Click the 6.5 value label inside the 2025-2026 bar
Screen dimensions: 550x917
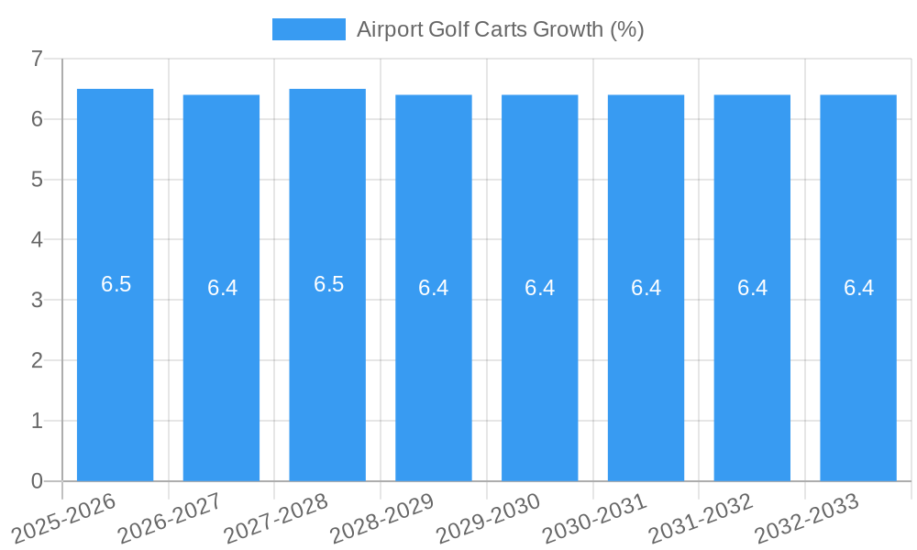[116, 284]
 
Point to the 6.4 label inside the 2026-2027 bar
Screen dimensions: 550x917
[222, 288]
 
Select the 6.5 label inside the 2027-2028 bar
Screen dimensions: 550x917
[328, 284]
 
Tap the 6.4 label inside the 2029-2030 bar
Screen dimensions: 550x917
[539, 288]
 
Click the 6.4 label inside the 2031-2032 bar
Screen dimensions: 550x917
[752, 288]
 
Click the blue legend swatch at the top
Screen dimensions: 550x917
[309, 29]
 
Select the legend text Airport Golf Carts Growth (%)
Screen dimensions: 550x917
[500, 29]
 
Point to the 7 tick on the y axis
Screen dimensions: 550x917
[37, 59]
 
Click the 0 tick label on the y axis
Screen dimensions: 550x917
[37, 481]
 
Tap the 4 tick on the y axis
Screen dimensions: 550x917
[37, 240]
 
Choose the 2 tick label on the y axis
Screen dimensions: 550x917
[37, 360]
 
